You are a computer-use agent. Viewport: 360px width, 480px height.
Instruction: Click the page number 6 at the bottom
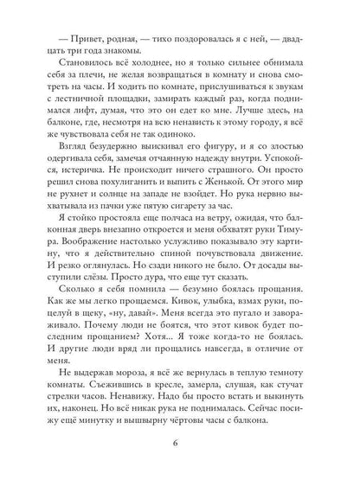[180, 446]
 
